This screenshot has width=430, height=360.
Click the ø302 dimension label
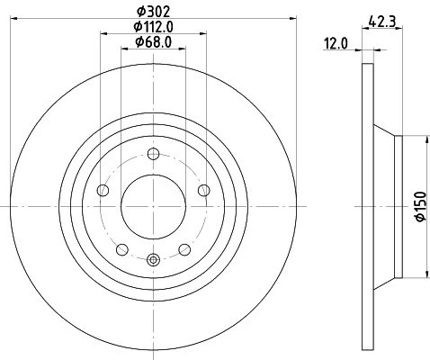(153, 12)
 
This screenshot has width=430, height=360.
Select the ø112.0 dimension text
(153, 27)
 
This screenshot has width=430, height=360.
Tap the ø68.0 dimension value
(153, 42)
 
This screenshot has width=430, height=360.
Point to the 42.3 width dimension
(382, 22)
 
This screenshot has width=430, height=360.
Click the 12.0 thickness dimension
(336, 44)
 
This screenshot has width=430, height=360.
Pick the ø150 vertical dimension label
(421, 206)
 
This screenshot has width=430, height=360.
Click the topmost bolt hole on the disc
(153, 154)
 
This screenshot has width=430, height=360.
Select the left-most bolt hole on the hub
(103, 190)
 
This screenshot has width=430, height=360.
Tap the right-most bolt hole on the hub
(204, 190)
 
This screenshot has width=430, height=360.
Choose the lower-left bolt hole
(122, 249)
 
